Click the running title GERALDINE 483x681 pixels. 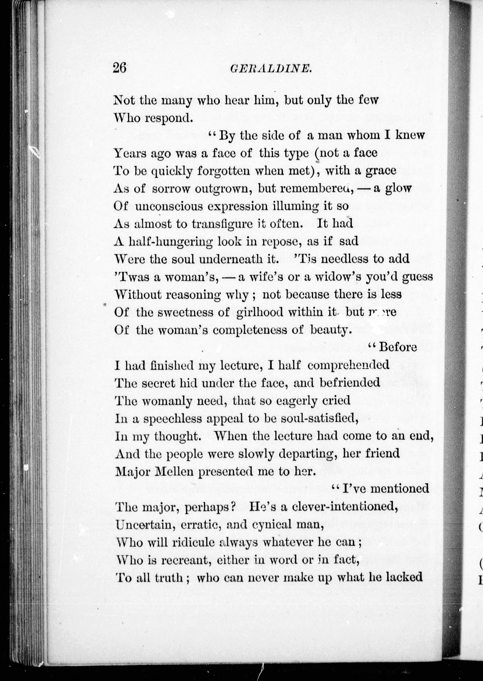click(271, 69)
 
